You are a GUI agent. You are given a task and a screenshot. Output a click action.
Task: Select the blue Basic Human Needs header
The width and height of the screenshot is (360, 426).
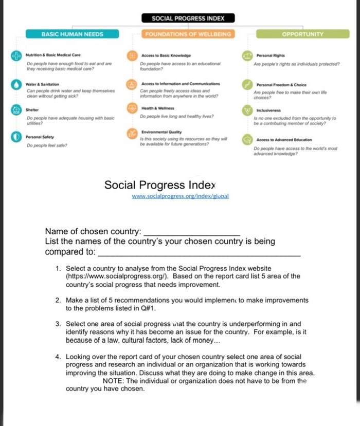(73, 34)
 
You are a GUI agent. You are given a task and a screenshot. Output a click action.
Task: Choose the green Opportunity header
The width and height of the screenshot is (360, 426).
(302, 34)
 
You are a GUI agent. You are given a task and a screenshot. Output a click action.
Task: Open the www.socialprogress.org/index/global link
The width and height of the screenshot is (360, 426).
(180, 196)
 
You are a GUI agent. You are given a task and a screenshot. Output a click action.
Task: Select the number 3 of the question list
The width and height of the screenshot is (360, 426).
(58, 324)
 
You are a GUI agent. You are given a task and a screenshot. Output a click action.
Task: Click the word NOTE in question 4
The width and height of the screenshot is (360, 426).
(115, 381)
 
